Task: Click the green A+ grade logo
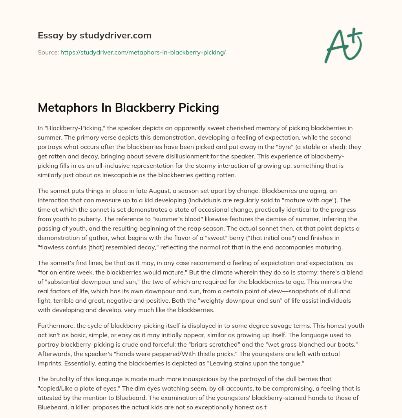(x=343, y=45)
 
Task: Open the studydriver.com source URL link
(x=143, y=52)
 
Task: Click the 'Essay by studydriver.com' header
(x=95, y=35)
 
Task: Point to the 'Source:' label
(x=48, y=52)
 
